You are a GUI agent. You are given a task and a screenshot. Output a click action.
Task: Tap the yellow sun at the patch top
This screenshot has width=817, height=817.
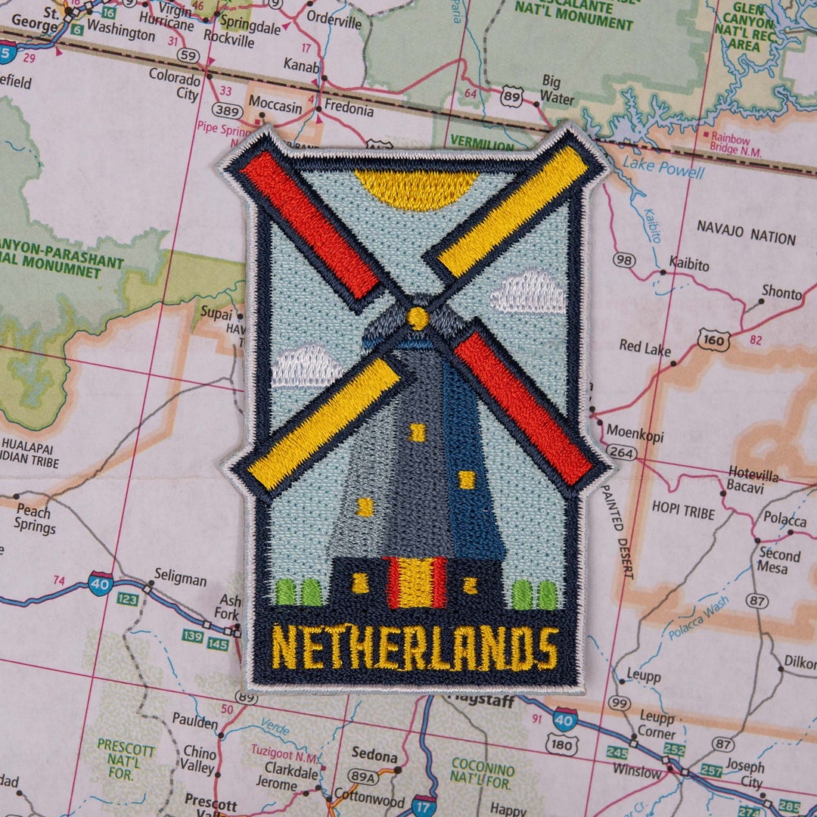tap(417, 188)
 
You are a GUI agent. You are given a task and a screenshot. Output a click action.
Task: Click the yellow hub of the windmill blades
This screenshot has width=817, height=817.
tap(418, 318)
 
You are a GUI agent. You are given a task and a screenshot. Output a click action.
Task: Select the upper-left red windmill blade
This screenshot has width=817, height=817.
tap(309, 225)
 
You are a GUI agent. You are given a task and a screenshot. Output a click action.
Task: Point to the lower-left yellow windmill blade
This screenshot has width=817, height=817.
tap(324, 423)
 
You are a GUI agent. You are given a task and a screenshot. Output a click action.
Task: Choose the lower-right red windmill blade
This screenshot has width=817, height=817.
tap(524, 408)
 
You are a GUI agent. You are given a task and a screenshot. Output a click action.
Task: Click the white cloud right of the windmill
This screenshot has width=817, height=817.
tap(529, 294)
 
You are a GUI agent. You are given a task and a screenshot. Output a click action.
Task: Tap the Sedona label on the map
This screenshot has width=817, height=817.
tap(374, 756)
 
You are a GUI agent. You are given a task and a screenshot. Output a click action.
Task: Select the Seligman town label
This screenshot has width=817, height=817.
tap(180, 579)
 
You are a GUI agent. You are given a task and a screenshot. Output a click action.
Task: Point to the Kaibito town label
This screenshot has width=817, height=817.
tap(688, 266)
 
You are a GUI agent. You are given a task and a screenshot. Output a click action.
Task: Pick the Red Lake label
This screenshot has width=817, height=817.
tap(645, 347)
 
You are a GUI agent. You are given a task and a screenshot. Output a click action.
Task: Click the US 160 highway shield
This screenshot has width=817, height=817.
tap(714, 340)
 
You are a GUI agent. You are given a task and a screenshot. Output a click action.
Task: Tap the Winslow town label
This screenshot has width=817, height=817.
tap(636, 772)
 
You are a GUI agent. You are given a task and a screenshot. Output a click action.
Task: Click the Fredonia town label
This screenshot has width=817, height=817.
tap(349, 110)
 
